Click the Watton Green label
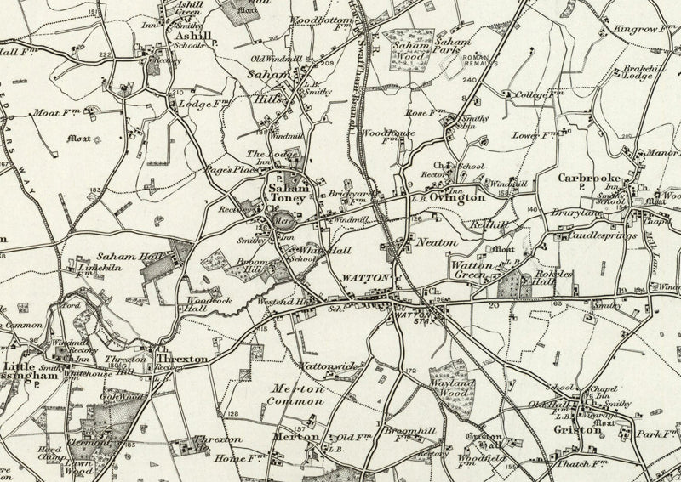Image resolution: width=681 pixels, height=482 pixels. coord(472,270)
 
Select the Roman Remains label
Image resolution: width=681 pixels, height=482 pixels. coord(479,62)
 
